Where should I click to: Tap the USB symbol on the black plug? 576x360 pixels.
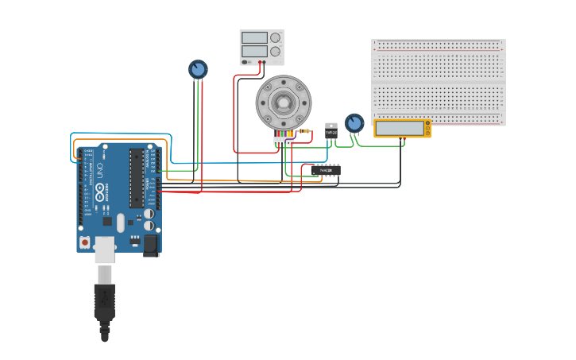tap(104, 303)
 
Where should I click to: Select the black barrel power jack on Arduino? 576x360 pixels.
tap(150, 245)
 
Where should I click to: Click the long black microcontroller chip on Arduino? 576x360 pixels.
tap(137, 178)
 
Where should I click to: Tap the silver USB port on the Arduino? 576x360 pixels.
tap(105, 249)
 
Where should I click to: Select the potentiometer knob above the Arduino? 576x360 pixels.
tap(198, 69)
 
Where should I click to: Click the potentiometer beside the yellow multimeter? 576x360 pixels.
tap(354, 123)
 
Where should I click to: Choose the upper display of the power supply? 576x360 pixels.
tap(254, 37)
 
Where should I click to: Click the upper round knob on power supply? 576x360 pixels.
tap(276, 37)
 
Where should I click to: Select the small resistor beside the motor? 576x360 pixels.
tap(303, 132)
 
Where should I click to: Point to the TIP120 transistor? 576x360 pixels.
tap(331, 131)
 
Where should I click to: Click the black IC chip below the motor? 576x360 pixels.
tap(326, 170)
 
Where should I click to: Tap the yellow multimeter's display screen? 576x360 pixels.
tap(400, 128)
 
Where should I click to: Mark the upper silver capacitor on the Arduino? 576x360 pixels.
tap(149, 213)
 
